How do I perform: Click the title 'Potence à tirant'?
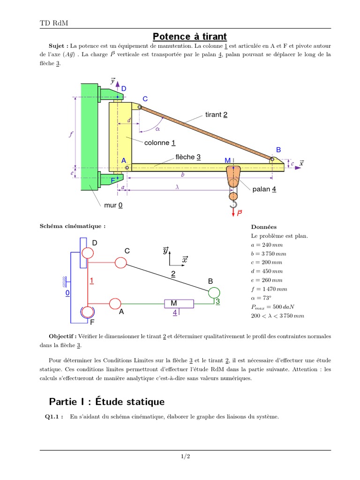point(190,36)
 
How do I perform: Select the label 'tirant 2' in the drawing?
point(216,115)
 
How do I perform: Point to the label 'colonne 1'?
point(160,142)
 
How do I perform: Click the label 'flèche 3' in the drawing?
point(188,157)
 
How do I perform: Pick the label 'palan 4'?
point(264,189)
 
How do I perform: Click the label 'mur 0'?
point(114,205)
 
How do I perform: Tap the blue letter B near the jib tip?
point(278,150)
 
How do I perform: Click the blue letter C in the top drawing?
point(145,99)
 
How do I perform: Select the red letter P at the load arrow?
point(240,213)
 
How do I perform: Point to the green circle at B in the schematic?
point(214,292)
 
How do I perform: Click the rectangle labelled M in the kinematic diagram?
point(178,304)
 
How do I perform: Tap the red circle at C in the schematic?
point(120,262)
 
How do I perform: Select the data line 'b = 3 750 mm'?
point(269,254)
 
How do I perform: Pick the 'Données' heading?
point(263,227)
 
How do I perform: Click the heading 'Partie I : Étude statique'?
point(107,402)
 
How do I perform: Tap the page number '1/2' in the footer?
point(185,456)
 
